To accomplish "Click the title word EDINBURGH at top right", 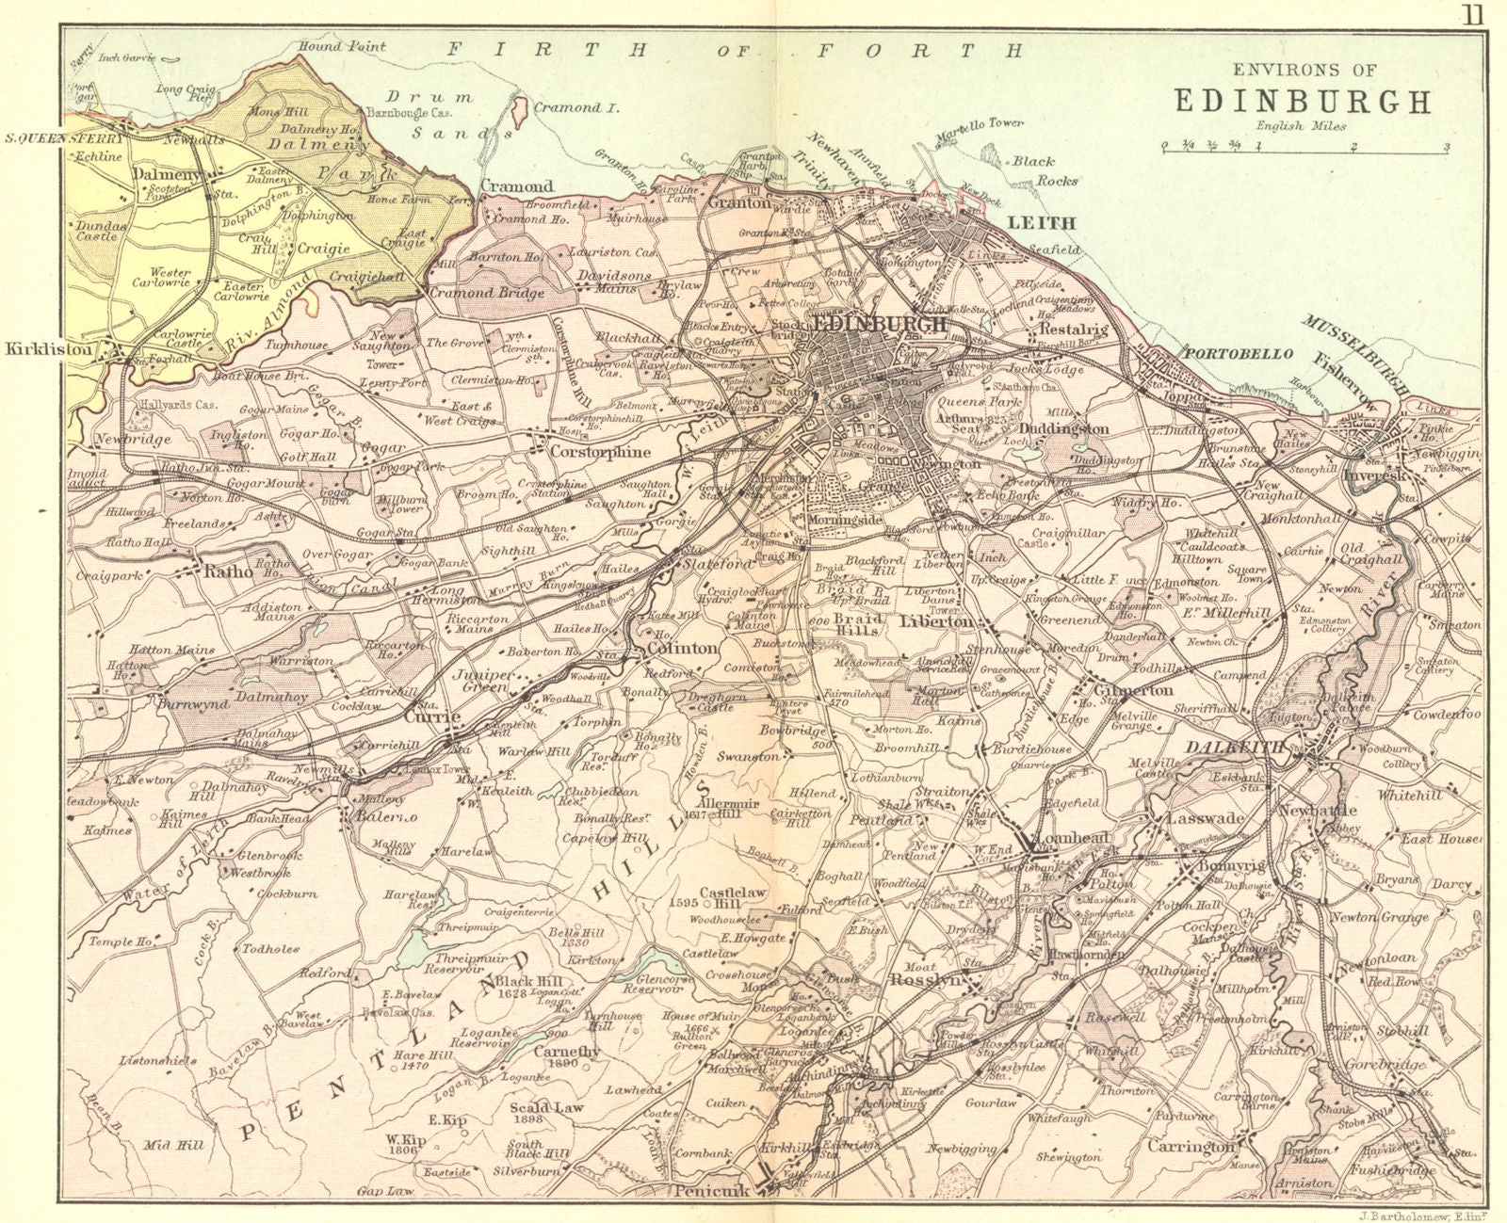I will (x=1302, y=101).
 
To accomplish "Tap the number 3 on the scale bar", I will (x=1445, y=146).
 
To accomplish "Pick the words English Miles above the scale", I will (x=1301, y=125).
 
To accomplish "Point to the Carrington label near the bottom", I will (x=1191, y=1146).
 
